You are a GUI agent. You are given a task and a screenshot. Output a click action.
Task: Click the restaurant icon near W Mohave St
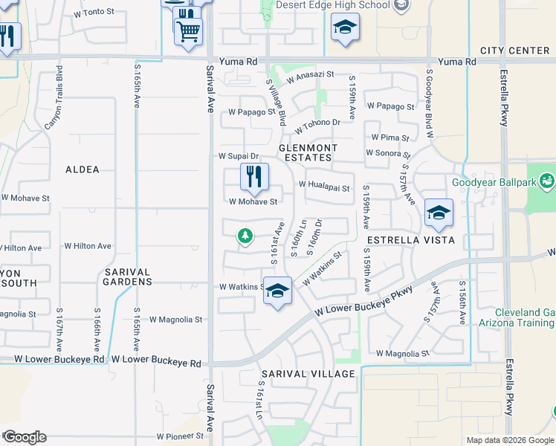(253, 177)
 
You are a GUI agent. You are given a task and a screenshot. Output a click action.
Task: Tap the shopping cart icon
(188, 31)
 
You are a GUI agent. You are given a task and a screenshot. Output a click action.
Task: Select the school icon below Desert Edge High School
(345, 29)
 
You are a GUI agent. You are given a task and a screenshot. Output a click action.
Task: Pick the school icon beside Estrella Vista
(439, 213)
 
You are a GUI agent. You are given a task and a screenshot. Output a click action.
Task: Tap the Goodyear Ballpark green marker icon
(547, 181)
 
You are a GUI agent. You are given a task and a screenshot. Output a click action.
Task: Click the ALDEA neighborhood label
(83, 169)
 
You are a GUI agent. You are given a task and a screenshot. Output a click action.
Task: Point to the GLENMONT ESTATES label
(308, 152)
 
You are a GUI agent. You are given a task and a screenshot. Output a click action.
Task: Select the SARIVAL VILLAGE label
(308, 373)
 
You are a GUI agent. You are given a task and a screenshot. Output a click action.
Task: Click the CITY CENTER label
(514, 51)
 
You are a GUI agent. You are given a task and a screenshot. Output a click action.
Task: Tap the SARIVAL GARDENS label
(128, 277)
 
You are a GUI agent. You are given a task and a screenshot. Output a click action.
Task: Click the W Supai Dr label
(238, 156)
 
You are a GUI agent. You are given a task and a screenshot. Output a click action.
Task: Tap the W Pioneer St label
(180, 436)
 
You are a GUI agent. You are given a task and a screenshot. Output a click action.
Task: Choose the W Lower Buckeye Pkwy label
(363, 302)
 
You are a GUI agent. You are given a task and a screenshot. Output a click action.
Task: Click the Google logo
(25, 437)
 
